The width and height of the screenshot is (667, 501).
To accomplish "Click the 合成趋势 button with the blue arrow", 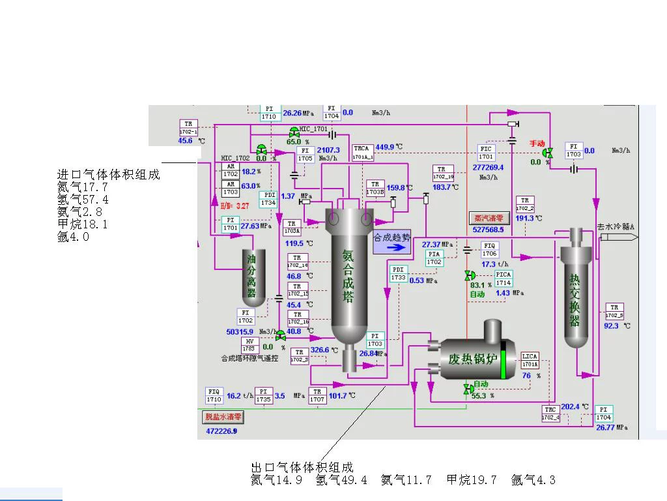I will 392,242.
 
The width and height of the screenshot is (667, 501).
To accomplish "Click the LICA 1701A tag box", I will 530,360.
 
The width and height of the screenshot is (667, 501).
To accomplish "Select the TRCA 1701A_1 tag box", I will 363,153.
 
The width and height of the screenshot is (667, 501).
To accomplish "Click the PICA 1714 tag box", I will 504,279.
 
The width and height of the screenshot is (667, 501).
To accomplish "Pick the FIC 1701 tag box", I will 487,153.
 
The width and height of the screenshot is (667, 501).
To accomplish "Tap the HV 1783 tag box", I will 249,345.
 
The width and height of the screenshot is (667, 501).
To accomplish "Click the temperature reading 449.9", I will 385,147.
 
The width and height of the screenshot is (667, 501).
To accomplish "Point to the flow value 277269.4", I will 488,167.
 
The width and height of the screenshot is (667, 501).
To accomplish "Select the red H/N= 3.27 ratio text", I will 234,205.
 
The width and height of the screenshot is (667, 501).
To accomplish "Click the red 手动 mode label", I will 537,144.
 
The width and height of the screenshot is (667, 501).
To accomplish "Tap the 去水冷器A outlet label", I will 616,227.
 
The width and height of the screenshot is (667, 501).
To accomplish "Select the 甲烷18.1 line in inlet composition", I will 83,224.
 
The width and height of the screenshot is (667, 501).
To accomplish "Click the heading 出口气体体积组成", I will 302,467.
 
